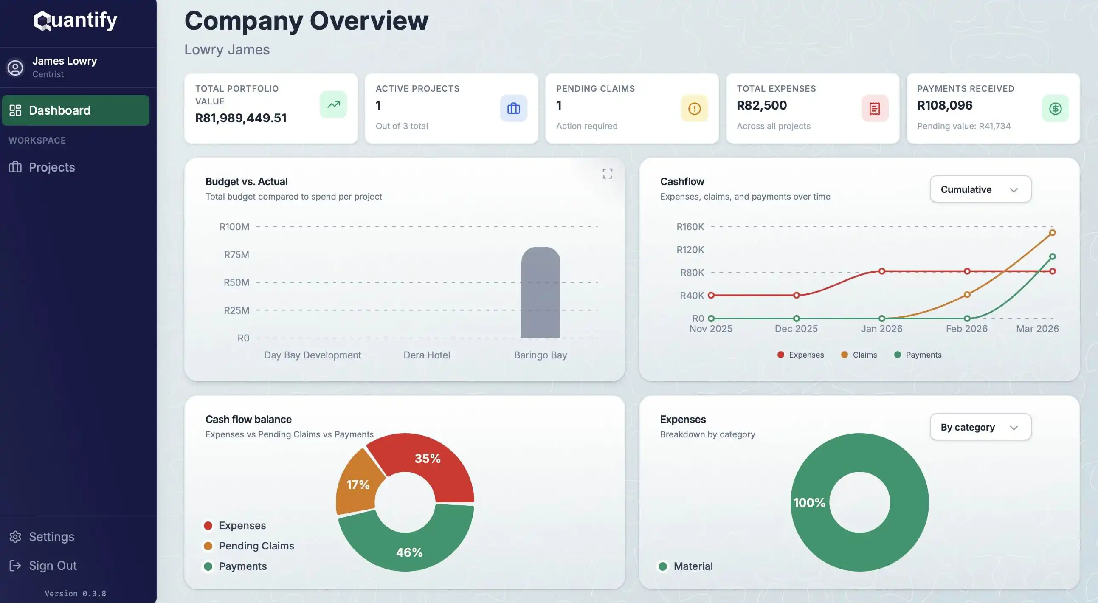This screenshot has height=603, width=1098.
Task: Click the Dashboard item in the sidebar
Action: (x=76, y=110)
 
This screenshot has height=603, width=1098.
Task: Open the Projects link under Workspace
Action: (x=51, y=167)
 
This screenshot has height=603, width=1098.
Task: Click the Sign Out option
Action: (x=52, y=566)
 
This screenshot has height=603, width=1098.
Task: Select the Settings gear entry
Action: (x=51, y=536)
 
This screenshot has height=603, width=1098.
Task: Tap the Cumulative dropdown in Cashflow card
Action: (x=980, y=189)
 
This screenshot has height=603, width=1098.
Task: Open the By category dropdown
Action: (x=980, y=427)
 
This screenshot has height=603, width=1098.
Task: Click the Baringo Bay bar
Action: (x=541, y=294)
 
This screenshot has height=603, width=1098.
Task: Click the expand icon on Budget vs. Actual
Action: (x=607, y=173)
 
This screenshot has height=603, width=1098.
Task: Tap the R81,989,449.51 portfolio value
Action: (x=241, y=118)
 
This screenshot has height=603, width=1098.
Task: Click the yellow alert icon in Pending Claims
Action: (x=694, y=109)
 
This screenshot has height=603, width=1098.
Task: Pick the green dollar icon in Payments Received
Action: (x=1055, y=109)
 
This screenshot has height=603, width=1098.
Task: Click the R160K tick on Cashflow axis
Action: (x=690, y=227)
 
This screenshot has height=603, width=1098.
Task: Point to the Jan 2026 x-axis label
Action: (x=881, y=329)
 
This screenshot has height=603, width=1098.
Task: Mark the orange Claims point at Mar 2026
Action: (x=1052, y=233)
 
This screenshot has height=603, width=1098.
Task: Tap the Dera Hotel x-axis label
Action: (x=426, y=355)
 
